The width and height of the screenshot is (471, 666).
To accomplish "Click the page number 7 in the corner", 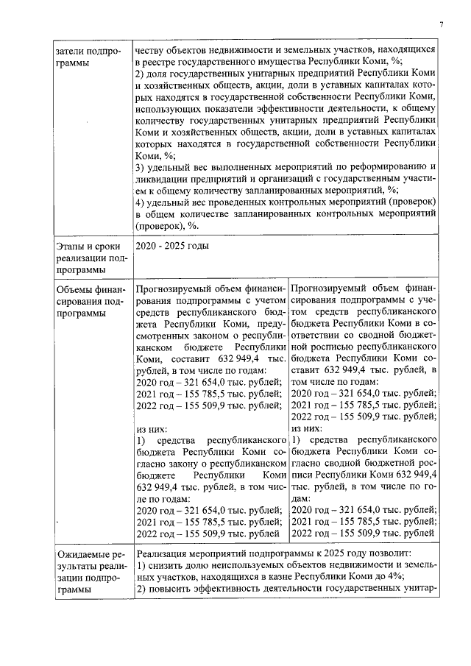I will (441, 24).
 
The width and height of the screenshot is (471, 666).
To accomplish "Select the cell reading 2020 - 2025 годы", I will (171, 246).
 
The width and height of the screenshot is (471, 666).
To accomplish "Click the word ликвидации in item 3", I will (164, 178).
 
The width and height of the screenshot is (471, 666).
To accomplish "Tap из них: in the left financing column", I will (152, 428).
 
